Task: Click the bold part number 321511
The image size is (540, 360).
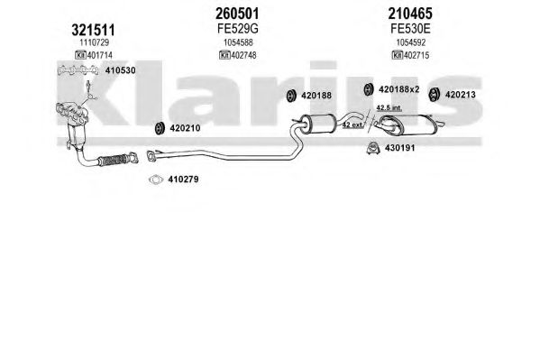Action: [93, 31]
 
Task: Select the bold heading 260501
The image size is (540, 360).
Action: [237, 14]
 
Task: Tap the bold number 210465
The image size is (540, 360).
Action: [410, 14]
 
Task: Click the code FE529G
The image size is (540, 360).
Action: [238, 29]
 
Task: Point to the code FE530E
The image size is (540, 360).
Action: [410, 29]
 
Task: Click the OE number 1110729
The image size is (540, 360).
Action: [95, 42]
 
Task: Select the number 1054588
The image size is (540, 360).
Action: [238, 42]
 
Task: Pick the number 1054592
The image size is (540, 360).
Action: [411, 42]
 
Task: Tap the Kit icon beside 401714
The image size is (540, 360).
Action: [80, 55]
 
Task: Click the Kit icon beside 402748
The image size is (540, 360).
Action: [224, 55]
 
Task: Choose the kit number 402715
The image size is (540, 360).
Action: [416, 55]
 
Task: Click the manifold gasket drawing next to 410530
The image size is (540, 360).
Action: [78, 70]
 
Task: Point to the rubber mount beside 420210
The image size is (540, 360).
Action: [160, 128]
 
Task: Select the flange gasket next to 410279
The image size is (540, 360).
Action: [156, 180]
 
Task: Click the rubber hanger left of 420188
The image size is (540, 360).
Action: [291, 96]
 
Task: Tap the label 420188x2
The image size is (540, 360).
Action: [399, 89]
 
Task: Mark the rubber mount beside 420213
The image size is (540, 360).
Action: [434, 95]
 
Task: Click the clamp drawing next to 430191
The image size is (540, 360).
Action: [373, 148]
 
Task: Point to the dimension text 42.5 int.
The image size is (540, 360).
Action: [389, 107]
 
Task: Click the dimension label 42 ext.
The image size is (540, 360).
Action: [352, 125]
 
